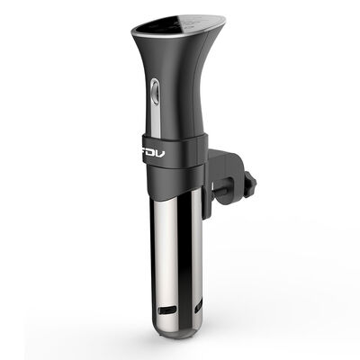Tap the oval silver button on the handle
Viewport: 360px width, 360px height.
click(153, 91)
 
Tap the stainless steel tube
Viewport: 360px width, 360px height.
click(166, 252)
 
